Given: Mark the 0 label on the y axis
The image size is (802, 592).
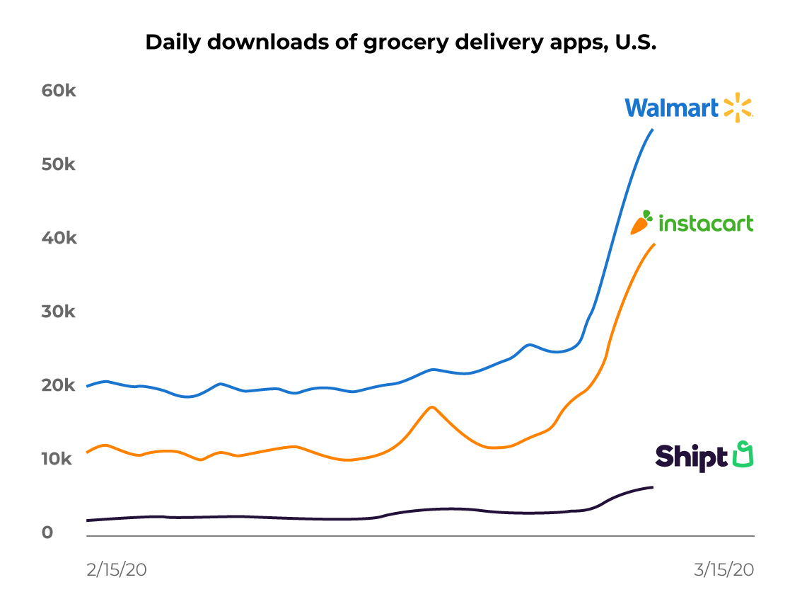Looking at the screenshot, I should pos(47,533).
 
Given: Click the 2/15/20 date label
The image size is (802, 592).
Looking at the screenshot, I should pos(116,570).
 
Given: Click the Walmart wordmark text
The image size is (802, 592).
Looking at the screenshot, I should pos(671,108).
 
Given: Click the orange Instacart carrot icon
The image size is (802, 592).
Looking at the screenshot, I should pos(642,222).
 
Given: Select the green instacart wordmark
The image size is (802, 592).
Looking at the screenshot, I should pos(706,224).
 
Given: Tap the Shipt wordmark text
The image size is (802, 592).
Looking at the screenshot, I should pos(690,456).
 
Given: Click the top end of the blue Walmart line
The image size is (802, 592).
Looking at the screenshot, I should pos(652,130).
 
